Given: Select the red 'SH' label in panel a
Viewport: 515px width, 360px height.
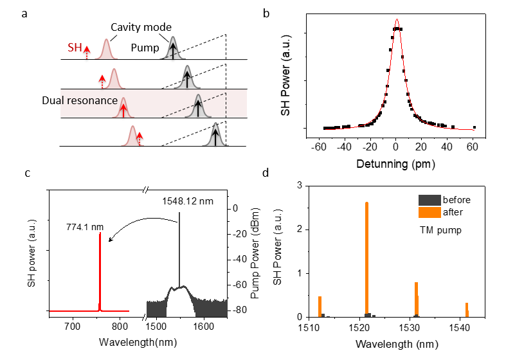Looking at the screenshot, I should [x=75, y=47].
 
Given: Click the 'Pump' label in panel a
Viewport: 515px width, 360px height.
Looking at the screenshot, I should [x=143, y=47].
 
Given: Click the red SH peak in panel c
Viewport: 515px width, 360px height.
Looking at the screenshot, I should [x=100, y=270].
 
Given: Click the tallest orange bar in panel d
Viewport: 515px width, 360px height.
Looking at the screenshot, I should [x=366, y=257].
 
